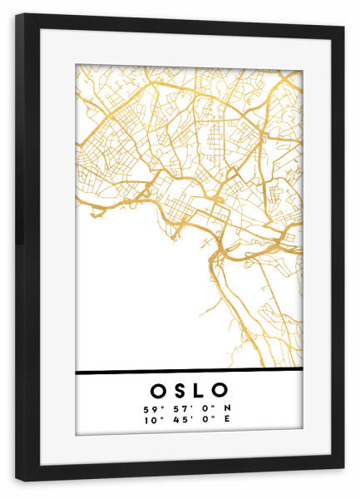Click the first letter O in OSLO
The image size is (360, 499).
tap(158, 390)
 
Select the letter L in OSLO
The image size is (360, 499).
tap(200, 390)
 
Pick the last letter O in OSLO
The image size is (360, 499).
tap(220, 390)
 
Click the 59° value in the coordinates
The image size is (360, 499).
tap(150, 409)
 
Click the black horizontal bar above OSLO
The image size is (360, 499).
tap(189, 371)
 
